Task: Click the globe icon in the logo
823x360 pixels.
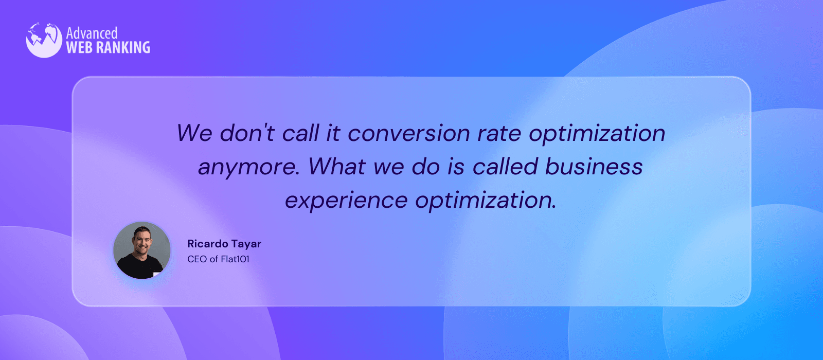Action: click(44, 40)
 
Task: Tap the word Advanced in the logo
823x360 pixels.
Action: click(92, 33)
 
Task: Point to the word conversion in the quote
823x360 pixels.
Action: click(409, 133)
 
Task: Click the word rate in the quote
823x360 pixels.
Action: click(499, 133)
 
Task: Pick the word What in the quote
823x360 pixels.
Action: click(337, 166)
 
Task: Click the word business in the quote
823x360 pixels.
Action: click(594, 166)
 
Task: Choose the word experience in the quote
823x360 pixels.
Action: click(347, 201)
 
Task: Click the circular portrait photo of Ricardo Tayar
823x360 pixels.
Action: click(142, 250)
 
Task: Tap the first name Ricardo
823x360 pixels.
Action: click(208, 244)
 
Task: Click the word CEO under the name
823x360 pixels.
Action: click(197, 259)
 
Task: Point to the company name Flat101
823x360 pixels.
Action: click(235, 259)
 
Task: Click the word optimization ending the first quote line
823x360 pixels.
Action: click(597, 134)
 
